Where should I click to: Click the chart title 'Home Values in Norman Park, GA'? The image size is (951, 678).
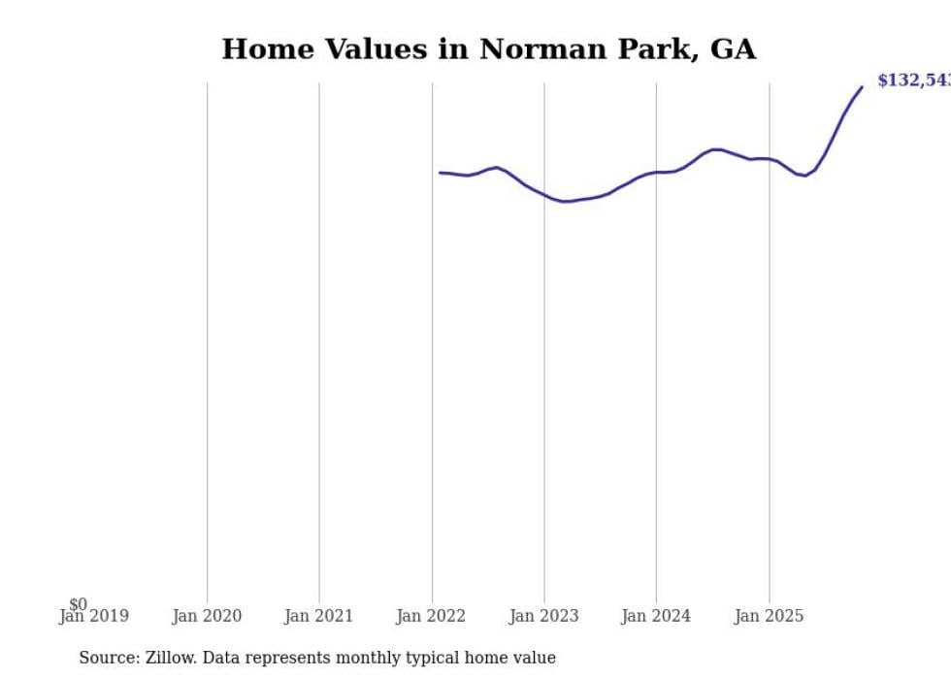coord(488,49)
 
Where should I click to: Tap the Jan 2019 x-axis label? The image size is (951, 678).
coord(94,616)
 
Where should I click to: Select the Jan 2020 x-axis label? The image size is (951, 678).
coord(207,616)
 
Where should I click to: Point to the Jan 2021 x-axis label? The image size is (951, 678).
coord(319,616)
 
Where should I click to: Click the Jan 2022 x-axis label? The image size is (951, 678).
coord(431,616)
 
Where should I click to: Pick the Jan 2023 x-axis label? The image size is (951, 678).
coord(543,616)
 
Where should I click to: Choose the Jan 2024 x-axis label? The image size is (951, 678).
coord(656,616)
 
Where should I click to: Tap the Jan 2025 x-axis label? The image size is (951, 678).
coord(769,616)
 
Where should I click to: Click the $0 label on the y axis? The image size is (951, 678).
coord(78,604)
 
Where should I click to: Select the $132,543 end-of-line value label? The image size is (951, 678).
coord(913,81)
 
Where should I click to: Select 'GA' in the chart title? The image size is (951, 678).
coord(734,49)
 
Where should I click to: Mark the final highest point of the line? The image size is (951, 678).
coord(862,87)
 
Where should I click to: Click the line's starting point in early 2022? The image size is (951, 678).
coord(440,173)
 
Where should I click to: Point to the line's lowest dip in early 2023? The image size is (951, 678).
coord(564,202)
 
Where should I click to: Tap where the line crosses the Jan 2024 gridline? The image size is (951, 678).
coord(656,173)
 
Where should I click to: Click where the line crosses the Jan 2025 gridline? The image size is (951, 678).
coord(770,159)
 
